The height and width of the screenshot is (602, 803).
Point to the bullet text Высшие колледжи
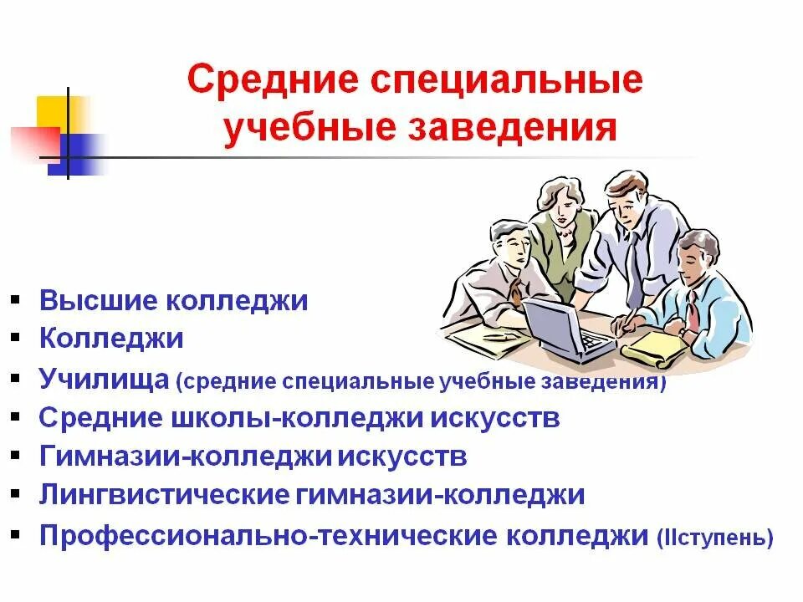pos(173,301)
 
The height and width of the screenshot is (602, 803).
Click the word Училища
pos(105,379)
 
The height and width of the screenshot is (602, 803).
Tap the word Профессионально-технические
pos(270,535)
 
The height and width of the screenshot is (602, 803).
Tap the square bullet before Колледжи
pos(17,339)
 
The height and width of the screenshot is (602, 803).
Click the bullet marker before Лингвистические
pos(17,495)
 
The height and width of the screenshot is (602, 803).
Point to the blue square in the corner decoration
pos(75,155)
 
